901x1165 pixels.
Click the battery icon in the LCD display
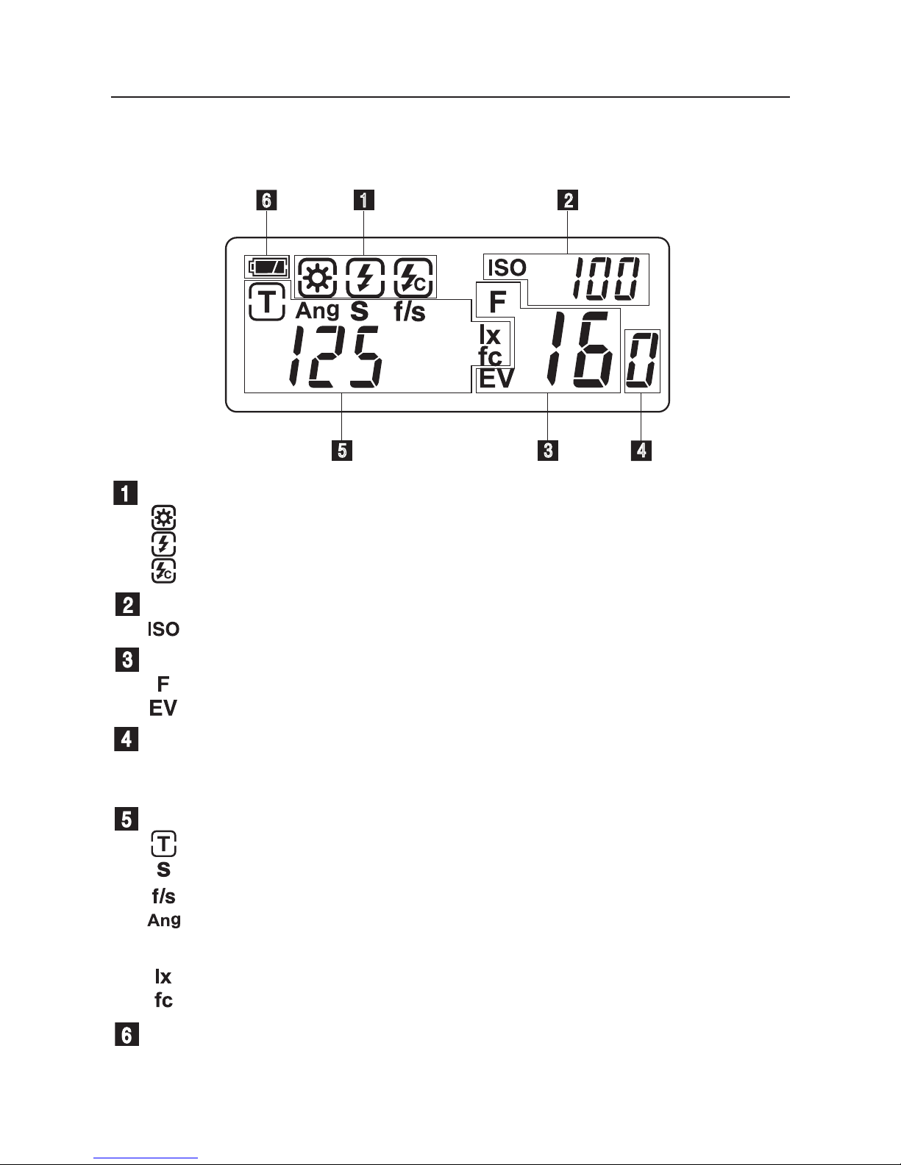267,267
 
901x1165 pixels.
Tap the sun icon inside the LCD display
318,278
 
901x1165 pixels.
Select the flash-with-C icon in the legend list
163,571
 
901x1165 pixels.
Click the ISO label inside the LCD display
508,268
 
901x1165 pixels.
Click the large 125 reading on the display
335,356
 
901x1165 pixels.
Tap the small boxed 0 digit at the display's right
642,361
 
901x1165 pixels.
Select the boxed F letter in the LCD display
498,301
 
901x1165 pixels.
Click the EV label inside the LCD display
496,379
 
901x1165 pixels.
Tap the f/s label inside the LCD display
410,312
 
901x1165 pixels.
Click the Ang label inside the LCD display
318,310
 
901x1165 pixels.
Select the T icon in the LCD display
266,302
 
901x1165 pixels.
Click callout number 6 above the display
266,201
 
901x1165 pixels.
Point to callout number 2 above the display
568,200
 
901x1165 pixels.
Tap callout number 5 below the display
342,451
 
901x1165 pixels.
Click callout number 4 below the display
641,451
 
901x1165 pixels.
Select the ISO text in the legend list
163,629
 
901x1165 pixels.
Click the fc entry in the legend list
163,1000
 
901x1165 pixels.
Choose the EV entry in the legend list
163,709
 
